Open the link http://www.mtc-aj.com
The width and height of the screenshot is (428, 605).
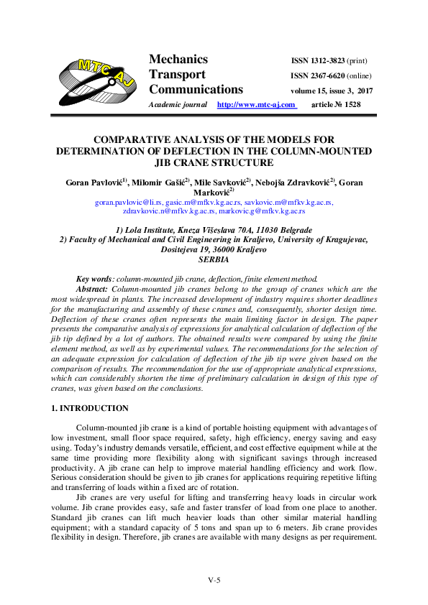(x=256, y=105)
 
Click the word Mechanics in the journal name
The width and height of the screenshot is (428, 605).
(x=178, y=60)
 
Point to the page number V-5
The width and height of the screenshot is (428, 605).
(x=214, y=580)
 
